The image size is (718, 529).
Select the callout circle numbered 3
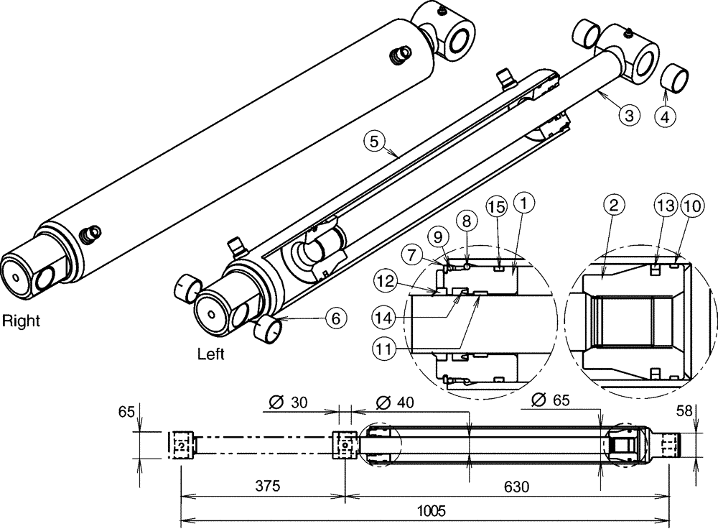(x=628, y=114)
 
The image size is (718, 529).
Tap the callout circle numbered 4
(x=666, y=115)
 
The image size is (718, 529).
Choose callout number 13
(x=664, y=206)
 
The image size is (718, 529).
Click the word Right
(x=20, y=321)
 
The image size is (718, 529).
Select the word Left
(x=210, y=354)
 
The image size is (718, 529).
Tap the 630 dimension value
(x=514, y=487)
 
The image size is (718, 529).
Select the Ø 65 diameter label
(x=551, y=400)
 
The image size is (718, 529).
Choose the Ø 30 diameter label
(x=289, y=402)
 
